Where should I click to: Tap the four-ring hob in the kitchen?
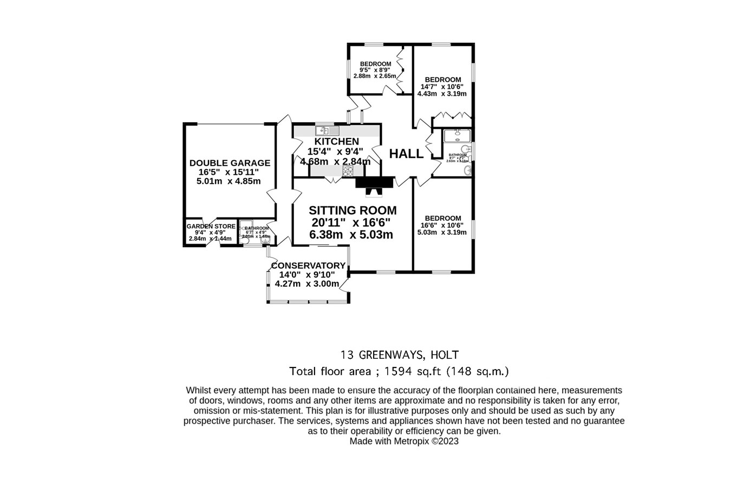[347, 171]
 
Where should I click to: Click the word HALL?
[406, 154]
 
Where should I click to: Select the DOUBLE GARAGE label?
[230, 163]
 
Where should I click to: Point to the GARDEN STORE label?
[211, 226]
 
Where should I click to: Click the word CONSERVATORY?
[308, 266]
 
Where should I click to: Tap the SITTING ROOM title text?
[353, 210]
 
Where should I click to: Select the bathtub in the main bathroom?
[458, 135]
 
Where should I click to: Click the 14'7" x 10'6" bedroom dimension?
[442, 87]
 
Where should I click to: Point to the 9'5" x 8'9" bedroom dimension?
[375, 70]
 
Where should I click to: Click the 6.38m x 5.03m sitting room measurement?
[351, 235]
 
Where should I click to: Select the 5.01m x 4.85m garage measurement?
[229, 181]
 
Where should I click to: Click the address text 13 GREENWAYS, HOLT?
[400, 356]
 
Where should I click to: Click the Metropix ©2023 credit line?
[404, 441]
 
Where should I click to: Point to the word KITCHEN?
[337, 142]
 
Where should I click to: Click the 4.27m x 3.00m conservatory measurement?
[307, 284]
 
